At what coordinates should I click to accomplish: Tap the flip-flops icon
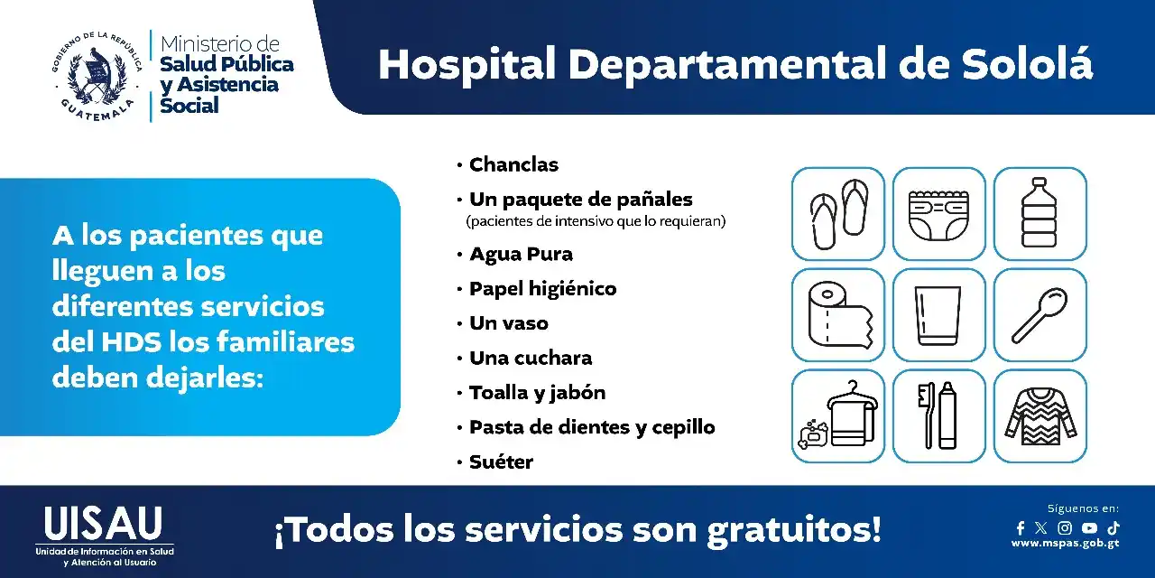tap(838, 214)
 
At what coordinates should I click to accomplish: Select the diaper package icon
tap(938, 214)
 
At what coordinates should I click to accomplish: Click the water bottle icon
tap(1039, 214)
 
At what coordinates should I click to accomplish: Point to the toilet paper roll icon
tap(838, 314)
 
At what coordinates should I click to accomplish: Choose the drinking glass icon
tap(938, 314)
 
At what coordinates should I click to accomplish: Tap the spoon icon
tap(1039, 314)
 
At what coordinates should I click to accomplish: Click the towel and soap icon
tap(838, 415)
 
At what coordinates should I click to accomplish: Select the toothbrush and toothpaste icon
tap(938, 415)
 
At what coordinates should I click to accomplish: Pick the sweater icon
tap(1039, 415)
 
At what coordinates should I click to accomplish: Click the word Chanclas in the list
tap(513, 164)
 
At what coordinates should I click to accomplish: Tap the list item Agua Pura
tap(521, 254)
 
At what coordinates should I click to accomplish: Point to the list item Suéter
tap(501, 461)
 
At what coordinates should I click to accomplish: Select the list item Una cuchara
tap(531, 358)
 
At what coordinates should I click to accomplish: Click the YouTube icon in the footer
tap(1089, 528)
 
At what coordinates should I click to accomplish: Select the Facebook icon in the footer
tap(1021, 528)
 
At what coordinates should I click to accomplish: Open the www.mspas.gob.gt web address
tap(1065, 544)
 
